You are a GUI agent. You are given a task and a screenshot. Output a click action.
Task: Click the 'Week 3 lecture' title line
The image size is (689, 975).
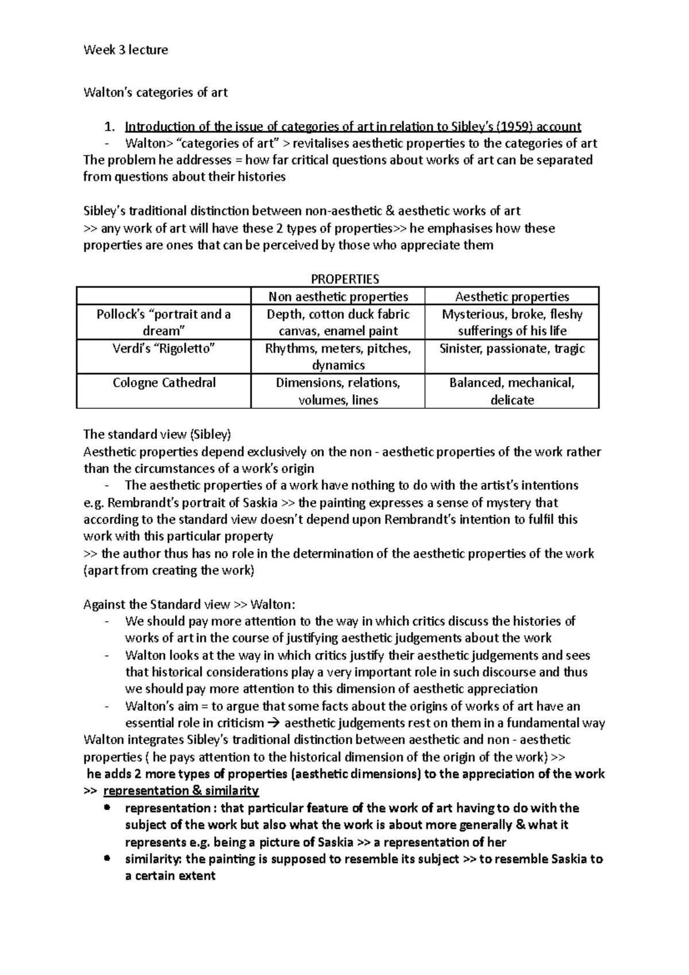pyautogui.click(x=126, y=50)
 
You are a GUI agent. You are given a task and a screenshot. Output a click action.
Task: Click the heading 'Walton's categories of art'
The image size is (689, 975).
pyautogui.click(x=156, y=92)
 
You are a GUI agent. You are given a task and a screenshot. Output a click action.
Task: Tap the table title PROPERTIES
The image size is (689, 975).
pyautogui.click(x=344, y=279)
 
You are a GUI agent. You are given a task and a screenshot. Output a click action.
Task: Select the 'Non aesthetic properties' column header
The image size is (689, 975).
pyautogui.click(x=338, y=297)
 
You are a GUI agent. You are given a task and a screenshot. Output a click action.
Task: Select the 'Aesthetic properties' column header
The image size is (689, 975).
pyautogui.click(x=512, y=297)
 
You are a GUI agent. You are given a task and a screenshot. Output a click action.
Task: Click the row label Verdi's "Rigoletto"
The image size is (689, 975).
pyautogui.click(x=164, y=349)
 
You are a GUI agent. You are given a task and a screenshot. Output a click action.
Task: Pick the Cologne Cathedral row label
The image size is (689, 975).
pyautogui.click(x=164, y=382)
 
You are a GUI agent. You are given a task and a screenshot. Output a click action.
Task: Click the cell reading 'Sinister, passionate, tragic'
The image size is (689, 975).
pyautogui.click(x=512, y=349)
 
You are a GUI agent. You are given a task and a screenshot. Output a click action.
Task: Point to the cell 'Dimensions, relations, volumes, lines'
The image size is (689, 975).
pyautogui.click(x=338, y=391)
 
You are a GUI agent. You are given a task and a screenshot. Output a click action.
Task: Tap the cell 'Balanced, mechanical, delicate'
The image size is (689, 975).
pyautogui.click(x=512, y=391)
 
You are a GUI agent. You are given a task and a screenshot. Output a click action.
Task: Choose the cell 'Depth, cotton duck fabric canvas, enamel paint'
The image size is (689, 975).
pyautogui.click(x=338, y=322)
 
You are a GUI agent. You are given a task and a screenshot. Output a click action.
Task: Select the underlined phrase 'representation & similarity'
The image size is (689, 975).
pyautogui.click(x=181, y=791)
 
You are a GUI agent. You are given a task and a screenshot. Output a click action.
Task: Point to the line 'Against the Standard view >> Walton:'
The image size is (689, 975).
pyautogui.click(x=190, y=605)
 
